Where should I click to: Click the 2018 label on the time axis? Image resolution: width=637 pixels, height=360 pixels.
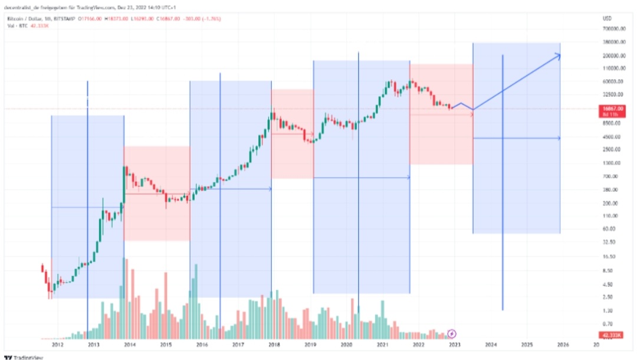tap(274, 344)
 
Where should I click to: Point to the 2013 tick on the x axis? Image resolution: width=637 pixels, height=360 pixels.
tap(94, 344)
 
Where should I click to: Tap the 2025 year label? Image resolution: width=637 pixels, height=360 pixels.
tap(527, 344)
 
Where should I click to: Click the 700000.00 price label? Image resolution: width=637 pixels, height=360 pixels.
tap(613, 28)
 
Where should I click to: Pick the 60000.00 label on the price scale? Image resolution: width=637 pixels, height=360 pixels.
tap(613, 81)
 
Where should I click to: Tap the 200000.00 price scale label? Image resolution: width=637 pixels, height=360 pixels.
tap(613, 56)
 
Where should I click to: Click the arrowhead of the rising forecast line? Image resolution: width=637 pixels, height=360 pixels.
tap(557, 56)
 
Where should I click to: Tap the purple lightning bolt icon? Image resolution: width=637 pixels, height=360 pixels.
tap(452, 335)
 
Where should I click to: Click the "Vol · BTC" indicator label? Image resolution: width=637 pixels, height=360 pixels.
tap(14, 26)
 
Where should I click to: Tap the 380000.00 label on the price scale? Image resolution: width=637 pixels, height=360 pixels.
tap(613, 42)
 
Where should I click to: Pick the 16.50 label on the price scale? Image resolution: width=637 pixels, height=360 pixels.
tap(609, 257)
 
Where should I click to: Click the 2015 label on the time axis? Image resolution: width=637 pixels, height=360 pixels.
tap(166, 344)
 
